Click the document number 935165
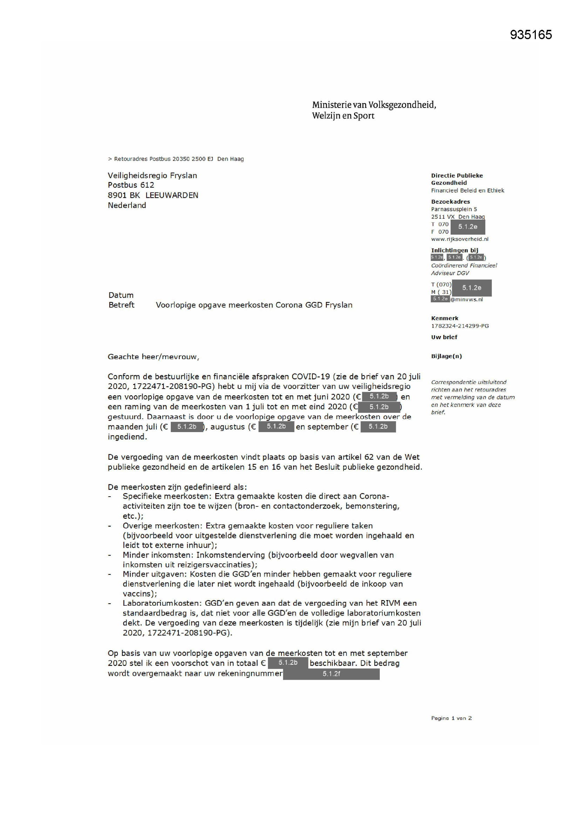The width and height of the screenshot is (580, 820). click(531, 35)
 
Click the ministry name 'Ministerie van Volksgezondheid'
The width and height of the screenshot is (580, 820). click(374, 105)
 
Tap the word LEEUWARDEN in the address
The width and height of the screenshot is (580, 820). click(172, 195)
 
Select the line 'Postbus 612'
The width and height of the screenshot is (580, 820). click(131, 185)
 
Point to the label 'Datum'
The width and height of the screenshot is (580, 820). click(121, 295)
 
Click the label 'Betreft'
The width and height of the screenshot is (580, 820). click(121, 305)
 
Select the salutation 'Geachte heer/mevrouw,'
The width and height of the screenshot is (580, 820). click(154, 357)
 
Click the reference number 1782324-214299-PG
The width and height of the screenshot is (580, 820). click(460, 326)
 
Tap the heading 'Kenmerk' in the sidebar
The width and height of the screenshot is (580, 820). click(445, 318)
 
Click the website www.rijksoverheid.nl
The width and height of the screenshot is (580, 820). click(460, 239)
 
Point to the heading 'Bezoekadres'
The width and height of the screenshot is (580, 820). click(450, 202)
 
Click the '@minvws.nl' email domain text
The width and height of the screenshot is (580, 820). click(466, 300)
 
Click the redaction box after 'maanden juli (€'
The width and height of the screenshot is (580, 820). click(187, 427)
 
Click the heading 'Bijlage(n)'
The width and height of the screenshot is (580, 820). click(446, 356)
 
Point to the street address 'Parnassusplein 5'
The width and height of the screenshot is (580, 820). click(454, 209)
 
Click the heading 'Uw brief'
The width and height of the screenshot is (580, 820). click(444, 337)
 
